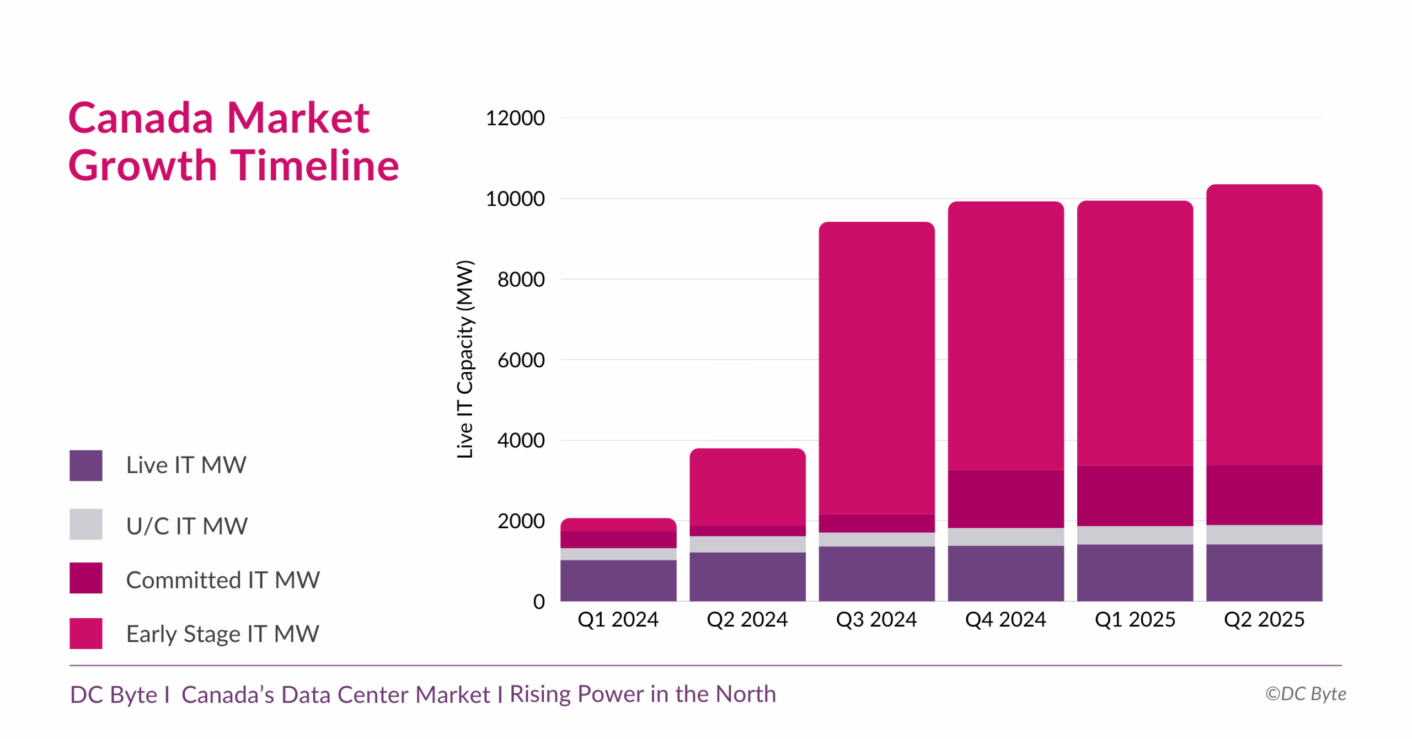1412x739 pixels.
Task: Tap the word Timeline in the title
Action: pos(314,166)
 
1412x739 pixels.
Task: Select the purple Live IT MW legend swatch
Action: pos(85,465)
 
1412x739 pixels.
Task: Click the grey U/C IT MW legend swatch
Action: pos(85,524)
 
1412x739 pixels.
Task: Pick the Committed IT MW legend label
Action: pos(222,580)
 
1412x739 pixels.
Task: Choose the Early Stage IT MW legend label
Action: pos(222,634)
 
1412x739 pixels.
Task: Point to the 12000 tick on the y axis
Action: pos(515,118)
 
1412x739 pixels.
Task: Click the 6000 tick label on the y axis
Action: pos(521,360)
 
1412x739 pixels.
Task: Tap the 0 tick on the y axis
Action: pos(538,601)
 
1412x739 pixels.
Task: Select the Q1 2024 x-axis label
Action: pos(618,619)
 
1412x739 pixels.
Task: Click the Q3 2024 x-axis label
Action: pos(876,619)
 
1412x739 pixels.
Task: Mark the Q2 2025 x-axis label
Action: pos(1264,619)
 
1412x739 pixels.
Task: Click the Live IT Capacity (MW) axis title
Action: pos(465,358)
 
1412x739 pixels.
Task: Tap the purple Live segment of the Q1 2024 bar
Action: pos(618,580)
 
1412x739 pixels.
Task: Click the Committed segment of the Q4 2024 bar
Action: pos(1005,499)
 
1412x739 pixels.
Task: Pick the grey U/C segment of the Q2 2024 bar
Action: pos(747,544)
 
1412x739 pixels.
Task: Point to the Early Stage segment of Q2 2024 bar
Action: pos(747,488)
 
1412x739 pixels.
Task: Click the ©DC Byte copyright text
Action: pos(1305,694)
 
